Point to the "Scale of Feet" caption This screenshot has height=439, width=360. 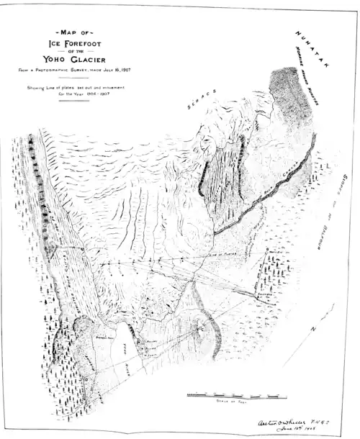tap(230, 402)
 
